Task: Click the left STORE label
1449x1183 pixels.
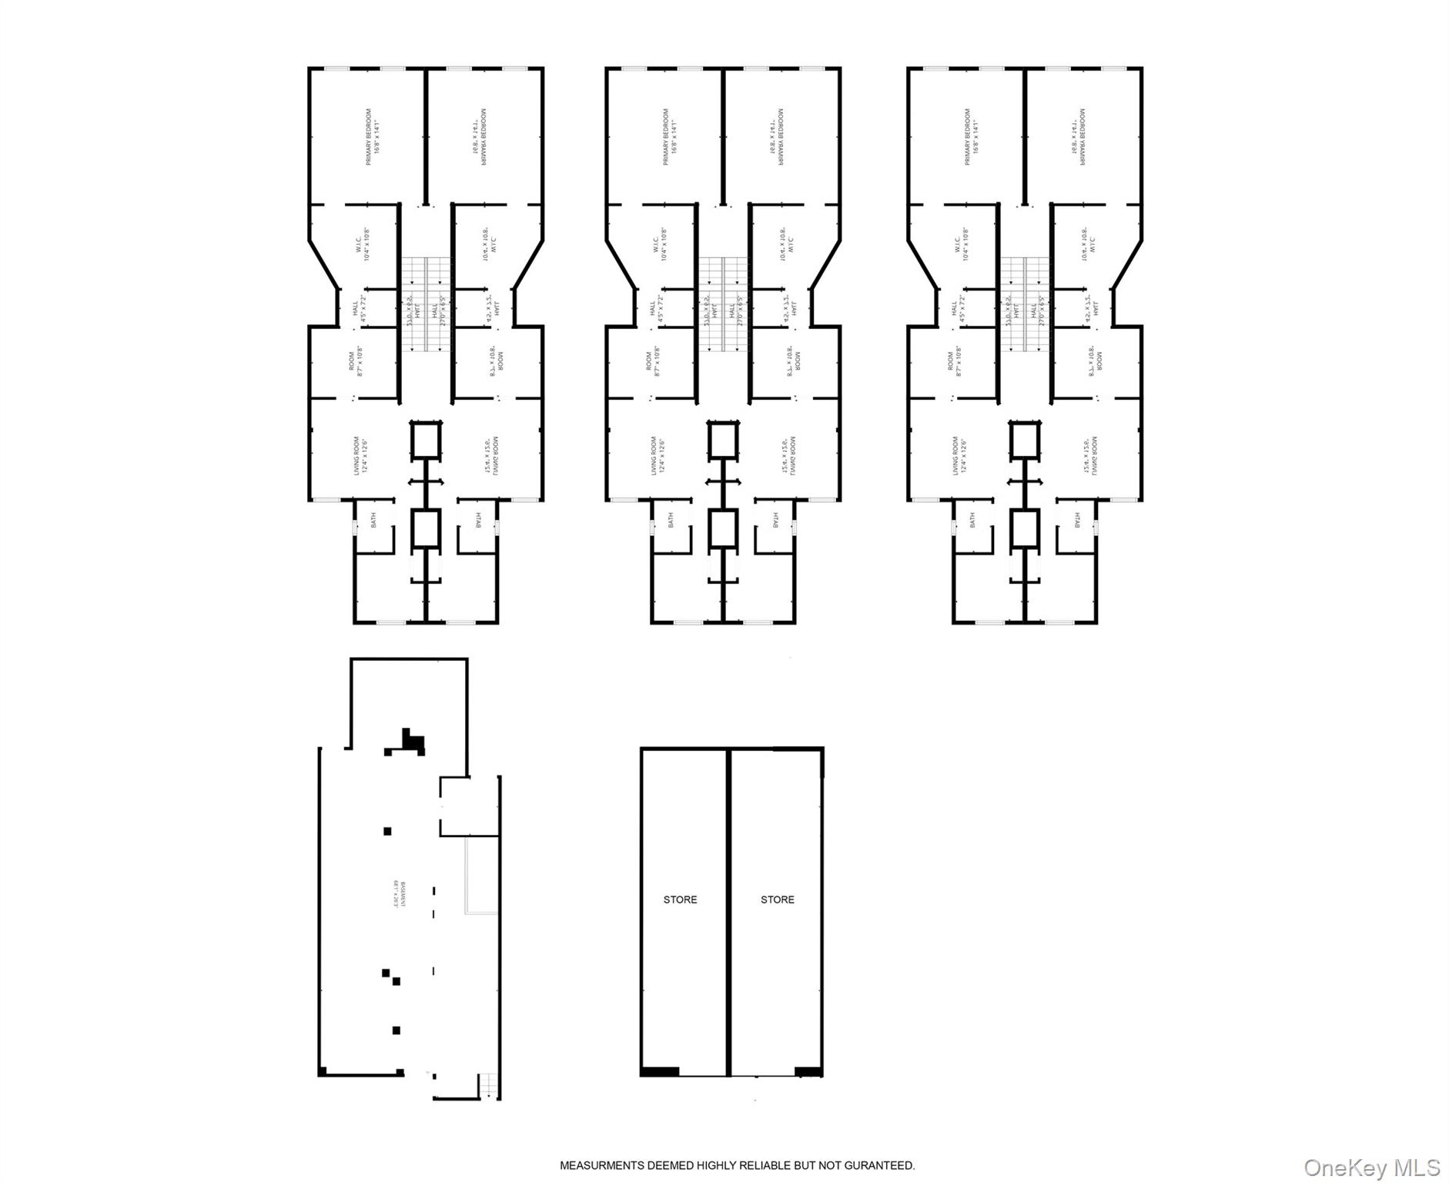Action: tap(680, 900)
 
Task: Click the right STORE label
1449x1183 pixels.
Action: tap(777, 900)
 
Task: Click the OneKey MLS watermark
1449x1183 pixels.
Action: tap(1371, 1168)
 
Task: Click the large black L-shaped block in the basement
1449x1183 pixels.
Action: tap(413, 742)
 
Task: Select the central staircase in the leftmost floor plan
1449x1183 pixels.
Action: tap(426, 305)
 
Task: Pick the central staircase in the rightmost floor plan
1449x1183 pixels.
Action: tap(1025, 305)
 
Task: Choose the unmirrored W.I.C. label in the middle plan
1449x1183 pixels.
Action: tap(660, 244)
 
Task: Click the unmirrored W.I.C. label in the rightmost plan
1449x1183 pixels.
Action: tap(962, 244)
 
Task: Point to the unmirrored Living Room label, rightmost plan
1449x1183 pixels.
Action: tap(959, 455)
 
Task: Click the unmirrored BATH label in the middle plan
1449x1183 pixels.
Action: tap(670, 521)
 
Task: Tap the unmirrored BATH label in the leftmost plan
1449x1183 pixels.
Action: tap(373, 521)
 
